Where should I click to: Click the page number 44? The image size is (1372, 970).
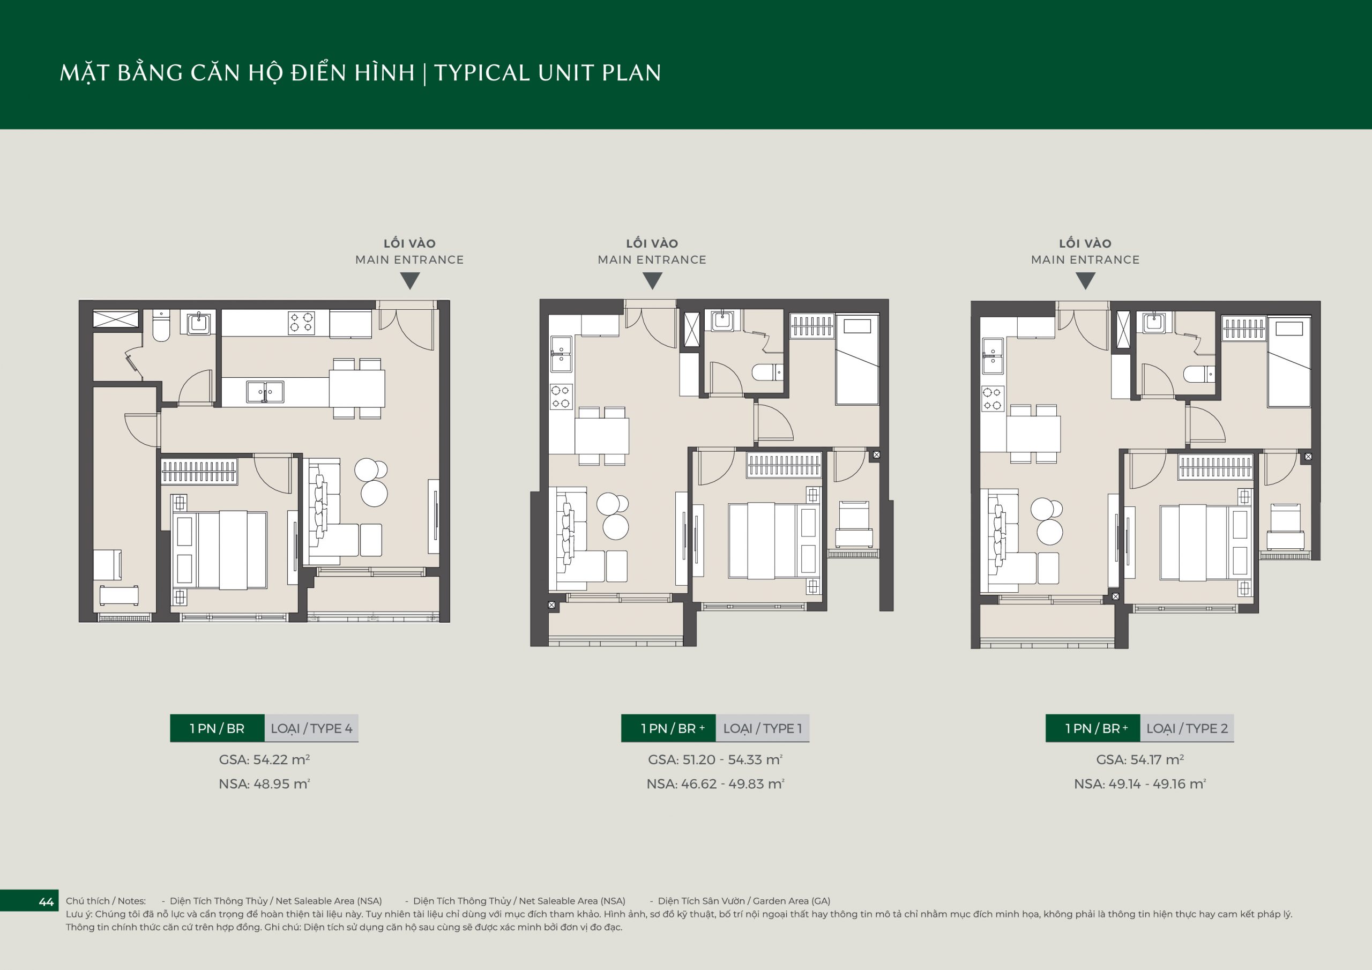click(46, 902)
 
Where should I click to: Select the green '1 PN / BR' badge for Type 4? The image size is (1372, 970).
click(217, 728)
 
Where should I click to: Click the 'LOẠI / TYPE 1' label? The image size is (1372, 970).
click(763, 728)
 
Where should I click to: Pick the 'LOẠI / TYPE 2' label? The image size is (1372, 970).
click(1187, 728)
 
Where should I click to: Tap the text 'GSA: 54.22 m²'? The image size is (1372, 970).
click(264, 759)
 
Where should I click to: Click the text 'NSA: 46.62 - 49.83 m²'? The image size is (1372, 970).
click(715, 784)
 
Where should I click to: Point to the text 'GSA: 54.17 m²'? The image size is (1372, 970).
click(1139, 759)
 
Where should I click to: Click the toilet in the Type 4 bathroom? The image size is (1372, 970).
click(161, 326)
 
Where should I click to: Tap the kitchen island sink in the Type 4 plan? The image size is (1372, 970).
click(265, 392)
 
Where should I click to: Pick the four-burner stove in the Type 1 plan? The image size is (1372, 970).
click(561, 397)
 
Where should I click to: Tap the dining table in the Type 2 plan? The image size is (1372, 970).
click(1033, 434)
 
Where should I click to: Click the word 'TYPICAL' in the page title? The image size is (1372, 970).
click(482, 73)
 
